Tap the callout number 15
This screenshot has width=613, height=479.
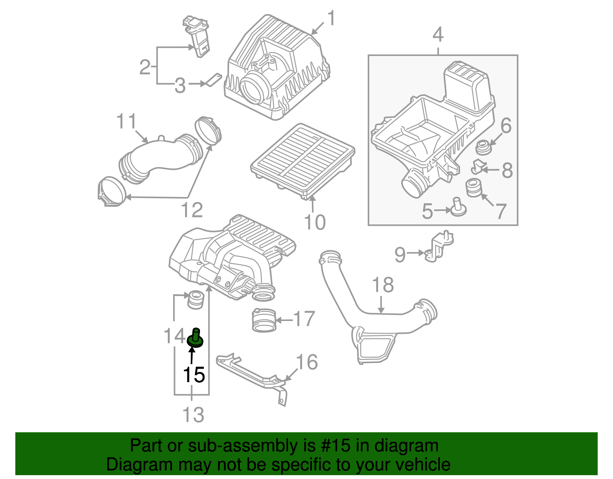pos(194,375)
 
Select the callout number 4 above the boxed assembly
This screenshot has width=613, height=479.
pos(438,35)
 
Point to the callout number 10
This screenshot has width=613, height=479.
pos(315,222)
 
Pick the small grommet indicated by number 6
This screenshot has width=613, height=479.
pos(483,148)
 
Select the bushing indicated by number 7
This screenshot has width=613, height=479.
pos(473,188)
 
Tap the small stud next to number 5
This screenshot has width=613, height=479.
pos(458,207)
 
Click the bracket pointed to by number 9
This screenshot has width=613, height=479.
pos(439,247)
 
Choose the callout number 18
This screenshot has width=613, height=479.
pos(383,285)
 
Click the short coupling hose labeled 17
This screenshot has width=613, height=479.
pos(264,321)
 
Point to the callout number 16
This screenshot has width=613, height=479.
pos(307,362)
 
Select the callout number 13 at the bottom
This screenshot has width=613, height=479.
pos(193,415)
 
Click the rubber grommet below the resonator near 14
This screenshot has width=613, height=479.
pos(196,299)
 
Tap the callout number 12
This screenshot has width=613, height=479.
pos(192,210)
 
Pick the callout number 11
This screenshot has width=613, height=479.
pos(126,122)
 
